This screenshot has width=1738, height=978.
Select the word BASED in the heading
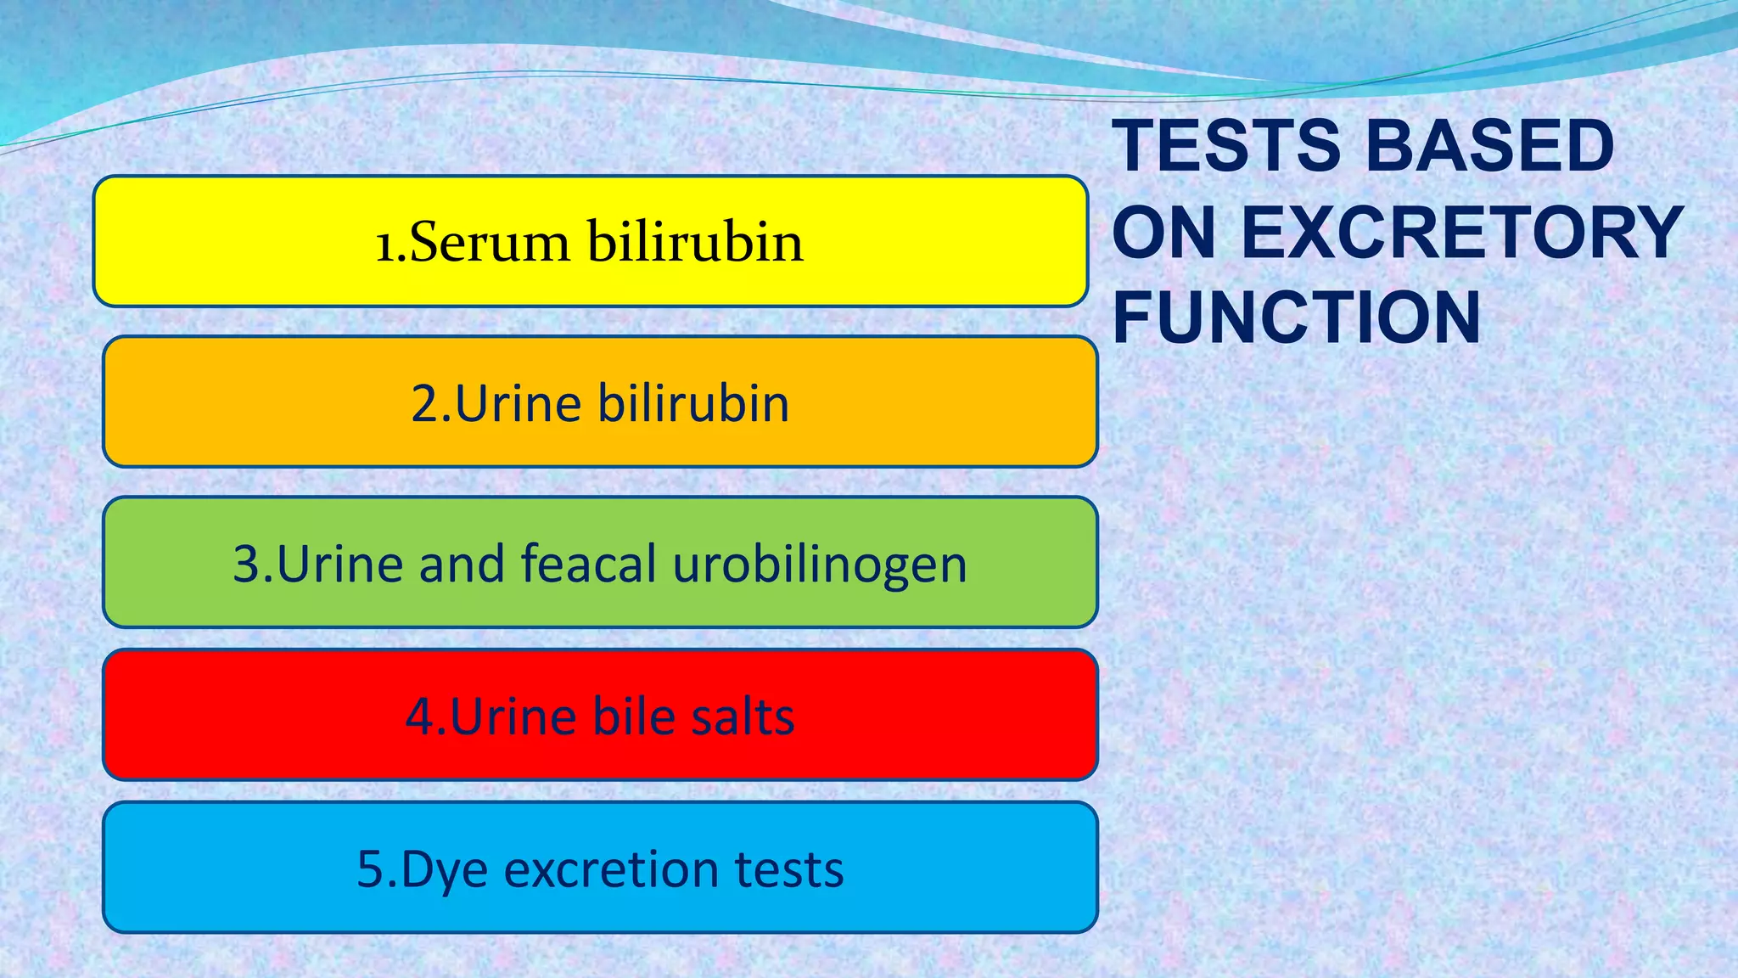click(1490, 145)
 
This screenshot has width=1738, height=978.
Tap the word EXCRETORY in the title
click(1462, 232)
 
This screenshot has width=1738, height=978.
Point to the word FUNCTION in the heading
click(1297, 318)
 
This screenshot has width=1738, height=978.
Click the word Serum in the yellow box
click(490, 242)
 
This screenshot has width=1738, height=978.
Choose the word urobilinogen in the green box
click(819, 565)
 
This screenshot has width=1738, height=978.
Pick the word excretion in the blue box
click(611, 868)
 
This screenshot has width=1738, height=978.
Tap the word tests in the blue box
click(788, 868)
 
